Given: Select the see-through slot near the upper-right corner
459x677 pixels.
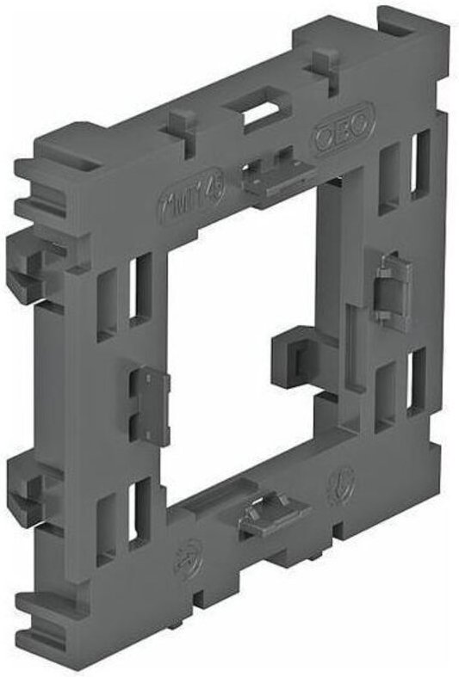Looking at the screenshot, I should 421,163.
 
